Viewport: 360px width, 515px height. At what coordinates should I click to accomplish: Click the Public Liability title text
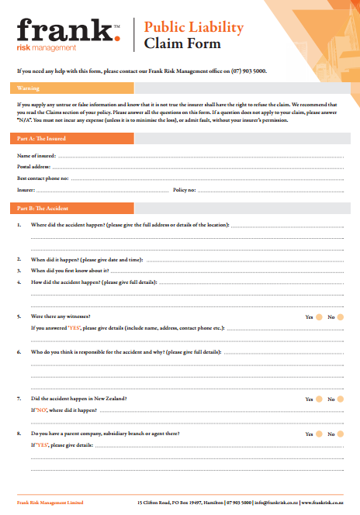[194, 28]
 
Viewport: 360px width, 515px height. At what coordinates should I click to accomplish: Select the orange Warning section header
[29, 88]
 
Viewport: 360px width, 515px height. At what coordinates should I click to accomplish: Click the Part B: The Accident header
[43, 209]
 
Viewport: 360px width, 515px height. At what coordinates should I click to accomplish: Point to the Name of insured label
[36, 156]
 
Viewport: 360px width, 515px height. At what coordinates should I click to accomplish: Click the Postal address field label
[34, 167]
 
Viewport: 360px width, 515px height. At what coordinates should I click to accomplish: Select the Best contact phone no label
[43, 178]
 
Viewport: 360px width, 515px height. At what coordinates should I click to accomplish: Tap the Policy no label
[185, 189]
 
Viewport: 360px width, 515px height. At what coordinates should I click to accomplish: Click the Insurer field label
[26, 189]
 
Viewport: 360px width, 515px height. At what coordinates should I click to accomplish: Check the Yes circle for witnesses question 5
[319, 317]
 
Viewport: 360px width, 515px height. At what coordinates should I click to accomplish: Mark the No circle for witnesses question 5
[341, 317]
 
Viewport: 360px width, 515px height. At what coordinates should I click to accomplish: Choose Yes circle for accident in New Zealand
[319, 399]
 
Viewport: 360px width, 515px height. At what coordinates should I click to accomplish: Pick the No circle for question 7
[341, 399]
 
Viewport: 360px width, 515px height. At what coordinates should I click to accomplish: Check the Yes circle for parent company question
[319, 434]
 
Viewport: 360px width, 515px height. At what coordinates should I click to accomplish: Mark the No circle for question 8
[341, 434]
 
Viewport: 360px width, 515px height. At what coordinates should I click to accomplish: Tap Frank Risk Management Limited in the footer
[50, 503]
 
